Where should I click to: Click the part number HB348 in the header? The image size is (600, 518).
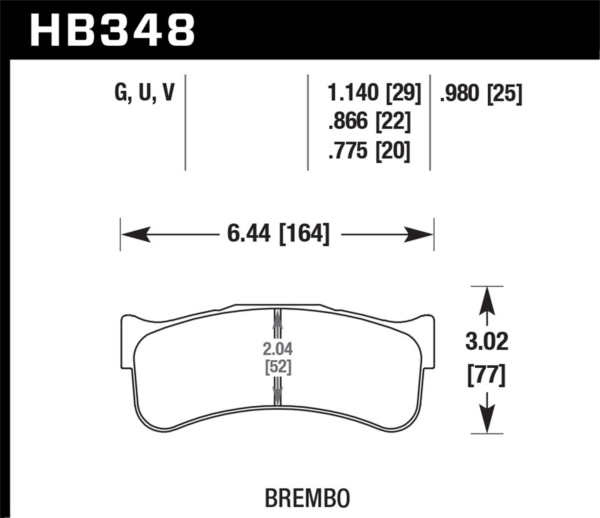112,30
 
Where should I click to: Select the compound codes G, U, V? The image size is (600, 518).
144,93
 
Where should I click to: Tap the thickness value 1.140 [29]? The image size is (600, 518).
374,93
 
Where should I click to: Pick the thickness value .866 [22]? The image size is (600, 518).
369,121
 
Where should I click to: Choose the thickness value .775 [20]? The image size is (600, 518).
369,151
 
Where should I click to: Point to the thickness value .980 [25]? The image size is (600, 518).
480,94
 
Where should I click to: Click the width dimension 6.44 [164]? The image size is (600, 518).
278,234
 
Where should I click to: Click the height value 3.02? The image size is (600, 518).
486,342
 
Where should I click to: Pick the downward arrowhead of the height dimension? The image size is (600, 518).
486,420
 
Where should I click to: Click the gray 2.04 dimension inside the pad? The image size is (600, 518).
278,349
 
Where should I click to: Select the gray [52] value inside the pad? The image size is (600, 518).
278,367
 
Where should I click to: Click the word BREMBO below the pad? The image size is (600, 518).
307,498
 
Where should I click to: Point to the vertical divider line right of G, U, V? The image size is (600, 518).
186,122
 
